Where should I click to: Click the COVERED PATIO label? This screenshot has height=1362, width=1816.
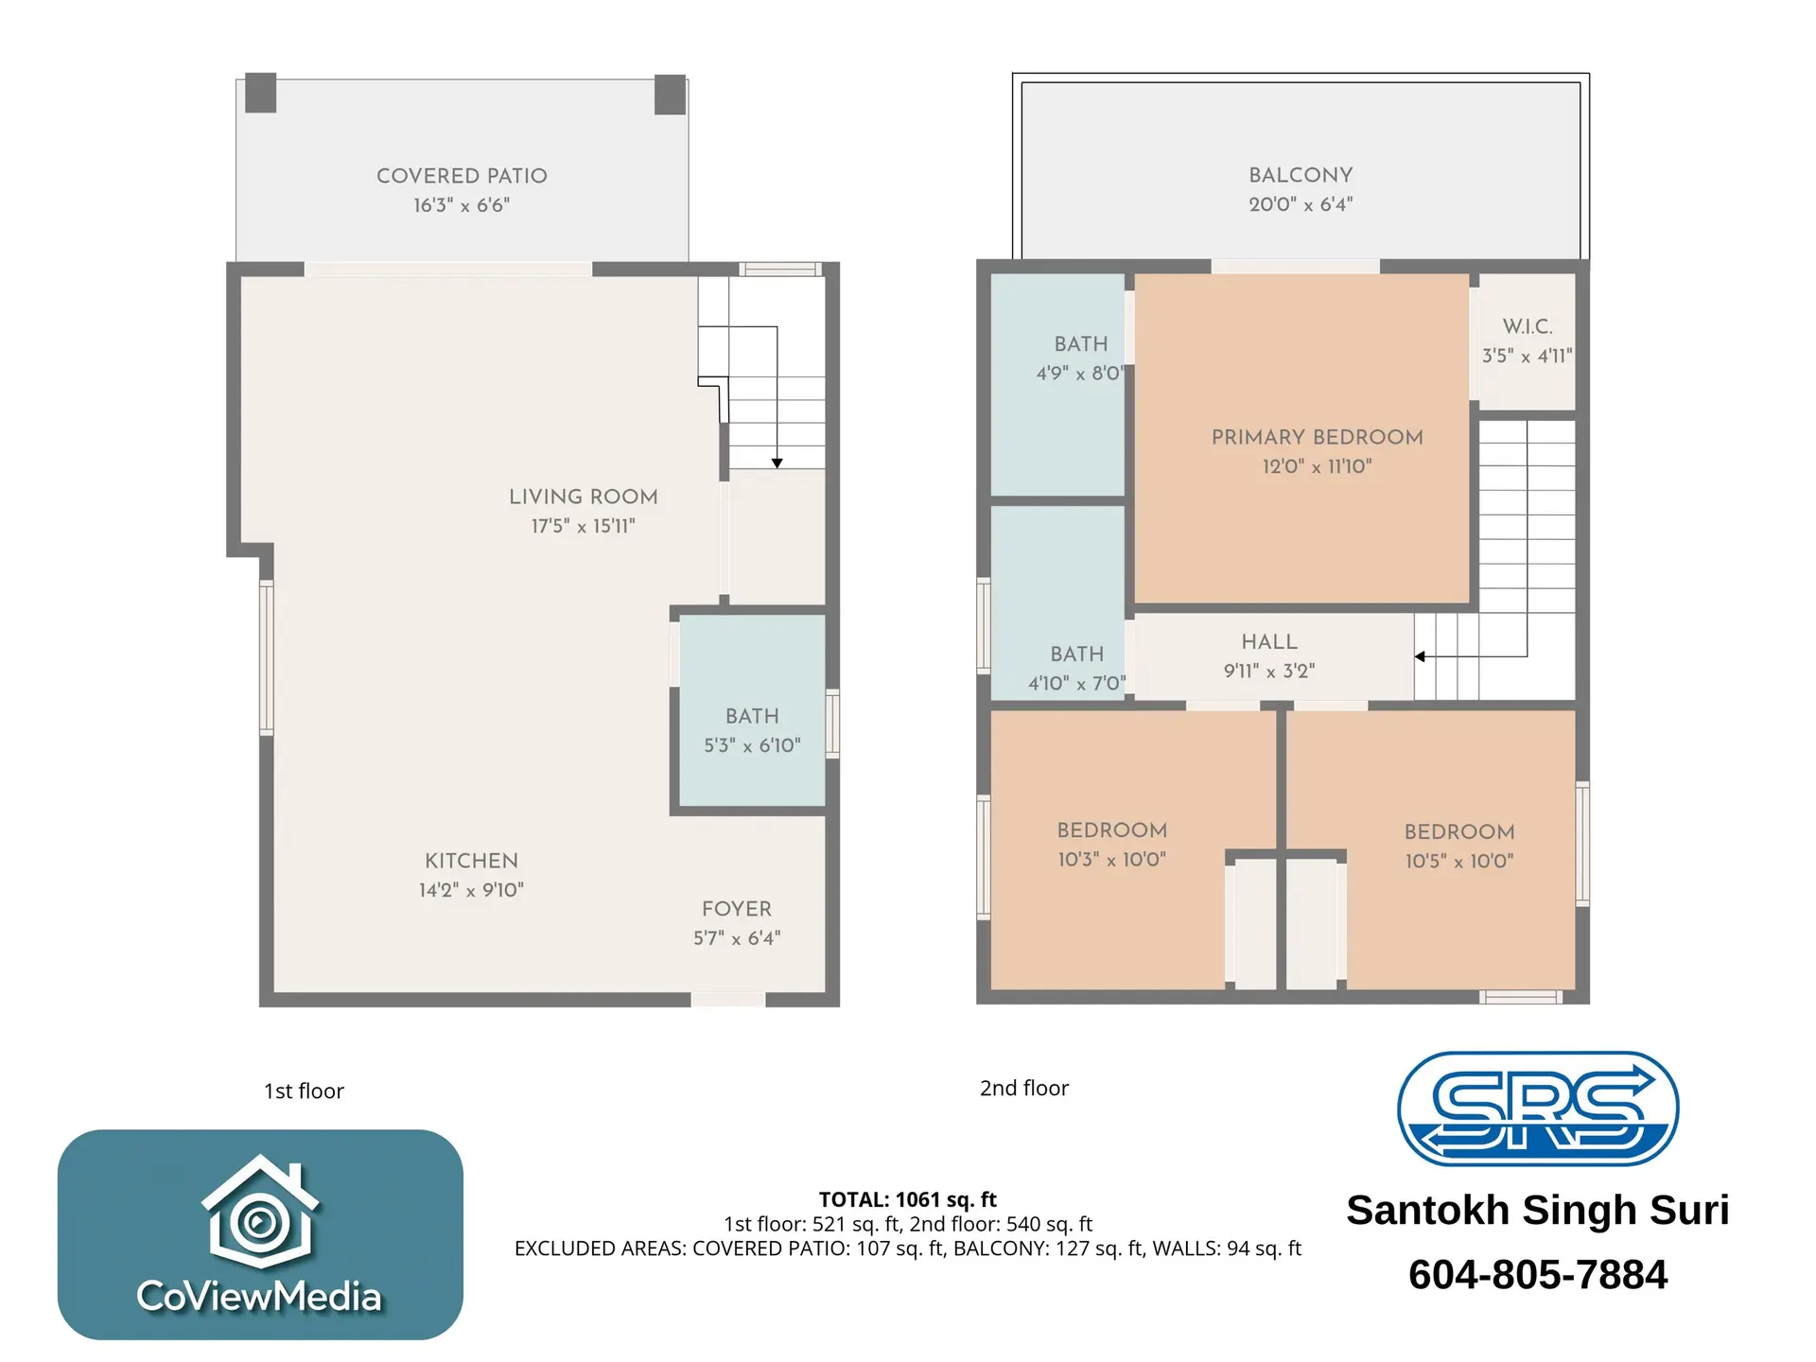[x=462, y=176]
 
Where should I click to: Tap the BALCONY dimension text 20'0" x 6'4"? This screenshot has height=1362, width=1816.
[x=1301, y=204]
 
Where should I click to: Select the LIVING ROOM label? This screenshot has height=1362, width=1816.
[x=583, y=497]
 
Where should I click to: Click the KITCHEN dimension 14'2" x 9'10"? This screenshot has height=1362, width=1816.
[x=471, y=890]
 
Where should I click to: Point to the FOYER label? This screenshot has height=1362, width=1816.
[x=737, y=909]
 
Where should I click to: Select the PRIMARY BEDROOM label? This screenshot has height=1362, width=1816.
[x=1317, y=437]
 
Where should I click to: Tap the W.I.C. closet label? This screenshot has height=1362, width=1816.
[x=1528, y=326]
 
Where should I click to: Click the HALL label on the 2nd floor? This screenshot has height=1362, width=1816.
[x=1269, y=642]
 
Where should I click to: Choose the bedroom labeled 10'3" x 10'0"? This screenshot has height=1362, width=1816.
[x=1111, y=845]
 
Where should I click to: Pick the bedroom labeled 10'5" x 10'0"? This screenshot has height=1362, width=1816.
[x=1458, y=847]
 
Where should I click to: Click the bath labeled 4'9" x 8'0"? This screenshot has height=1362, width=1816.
[x=1080, y=358]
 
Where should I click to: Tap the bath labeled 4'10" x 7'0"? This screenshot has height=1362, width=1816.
[x=1076, y=668]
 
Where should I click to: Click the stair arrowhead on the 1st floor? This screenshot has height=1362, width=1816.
[x=777, y=463]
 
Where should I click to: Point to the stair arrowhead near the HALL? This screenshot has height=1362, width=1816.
[x=1420, y=656]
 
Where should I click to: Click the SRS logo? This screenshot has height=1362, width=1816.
[x=1537, y=1109]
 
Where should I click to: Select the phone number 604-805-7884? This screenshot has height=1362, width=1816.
[x=1537, y=1274]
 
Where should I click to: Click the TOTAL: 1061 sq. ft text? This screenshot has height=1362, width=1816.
[x=907, y=1199]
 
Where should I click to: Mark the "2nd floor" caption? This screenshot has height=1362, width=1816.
[x=1023, y=1089]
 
